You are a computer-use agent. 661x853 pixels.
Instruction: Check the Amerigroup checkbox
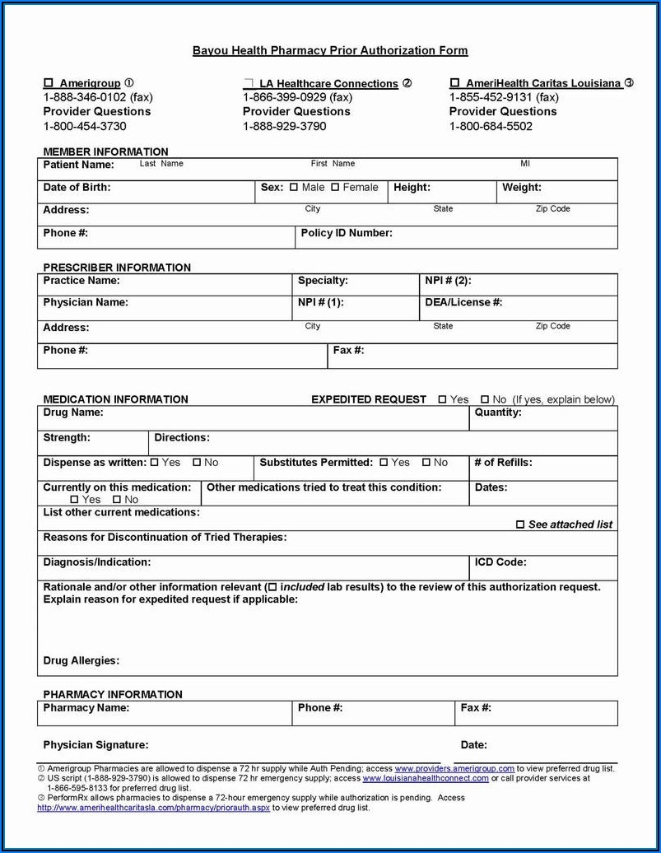pyautogui.click(x=48, y=83)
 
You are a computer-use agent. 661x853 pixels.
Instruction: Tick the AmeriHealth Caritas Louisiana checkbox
pyautogui.click(x=454, y=83)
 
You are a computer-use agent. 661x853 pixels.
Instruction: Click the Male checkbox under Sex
pyautogui.click(x=294, y=188)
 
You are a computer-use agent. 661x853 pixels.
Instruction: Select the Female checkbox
pyautogui.click(x=335, y=188)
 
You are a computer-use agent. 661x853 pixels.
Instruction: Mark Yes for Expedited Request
pyautogui.click(x=442, y=400)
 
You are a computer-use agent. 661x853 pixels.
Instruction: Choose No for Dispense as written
pyautogui.click(x=197, y=463)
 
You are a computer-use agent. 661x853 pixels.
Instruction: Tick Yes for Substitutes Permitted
pyautogui.click(x=384, y=463)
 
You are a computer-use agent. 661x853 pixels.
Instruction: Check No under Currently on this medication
pyautogui.click(x=117, y=500)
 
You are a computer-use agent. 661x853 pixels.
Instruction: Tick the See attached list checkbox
pyautogui.click(x=519, y=524)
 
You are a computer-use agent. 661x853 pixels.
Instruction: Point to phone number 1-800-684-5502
pyautogui.click(x=491, y=126)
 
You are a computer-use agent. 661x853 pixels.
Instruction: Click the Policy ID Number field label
pyautogui.click(x=347, y=233)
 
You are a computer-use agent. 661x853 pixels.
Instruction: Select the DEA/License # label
pyautogui.click(x=463, y=302)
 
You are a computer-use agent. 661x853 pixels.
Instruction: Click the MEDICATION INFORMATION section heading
pyautogui.click(x=115, y=399)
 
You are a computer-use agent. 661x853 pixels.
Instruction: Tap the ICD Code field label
pyautogui.click(x=500, y=562)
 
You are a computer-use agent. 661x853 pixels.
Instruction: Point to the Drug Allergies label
pyautogui.click(x=81, y=660)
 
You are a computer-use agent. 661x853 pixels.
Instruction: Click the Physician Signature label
pyautogui.click(x=95, y=745)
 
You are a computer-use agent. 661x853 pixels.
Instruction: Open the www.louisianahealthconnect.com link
pyautogui.click(x=426, y=778)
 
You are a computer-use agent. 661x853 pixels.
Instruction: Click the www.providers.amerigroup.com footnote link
pyautogui.click(x=454, y=768)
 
